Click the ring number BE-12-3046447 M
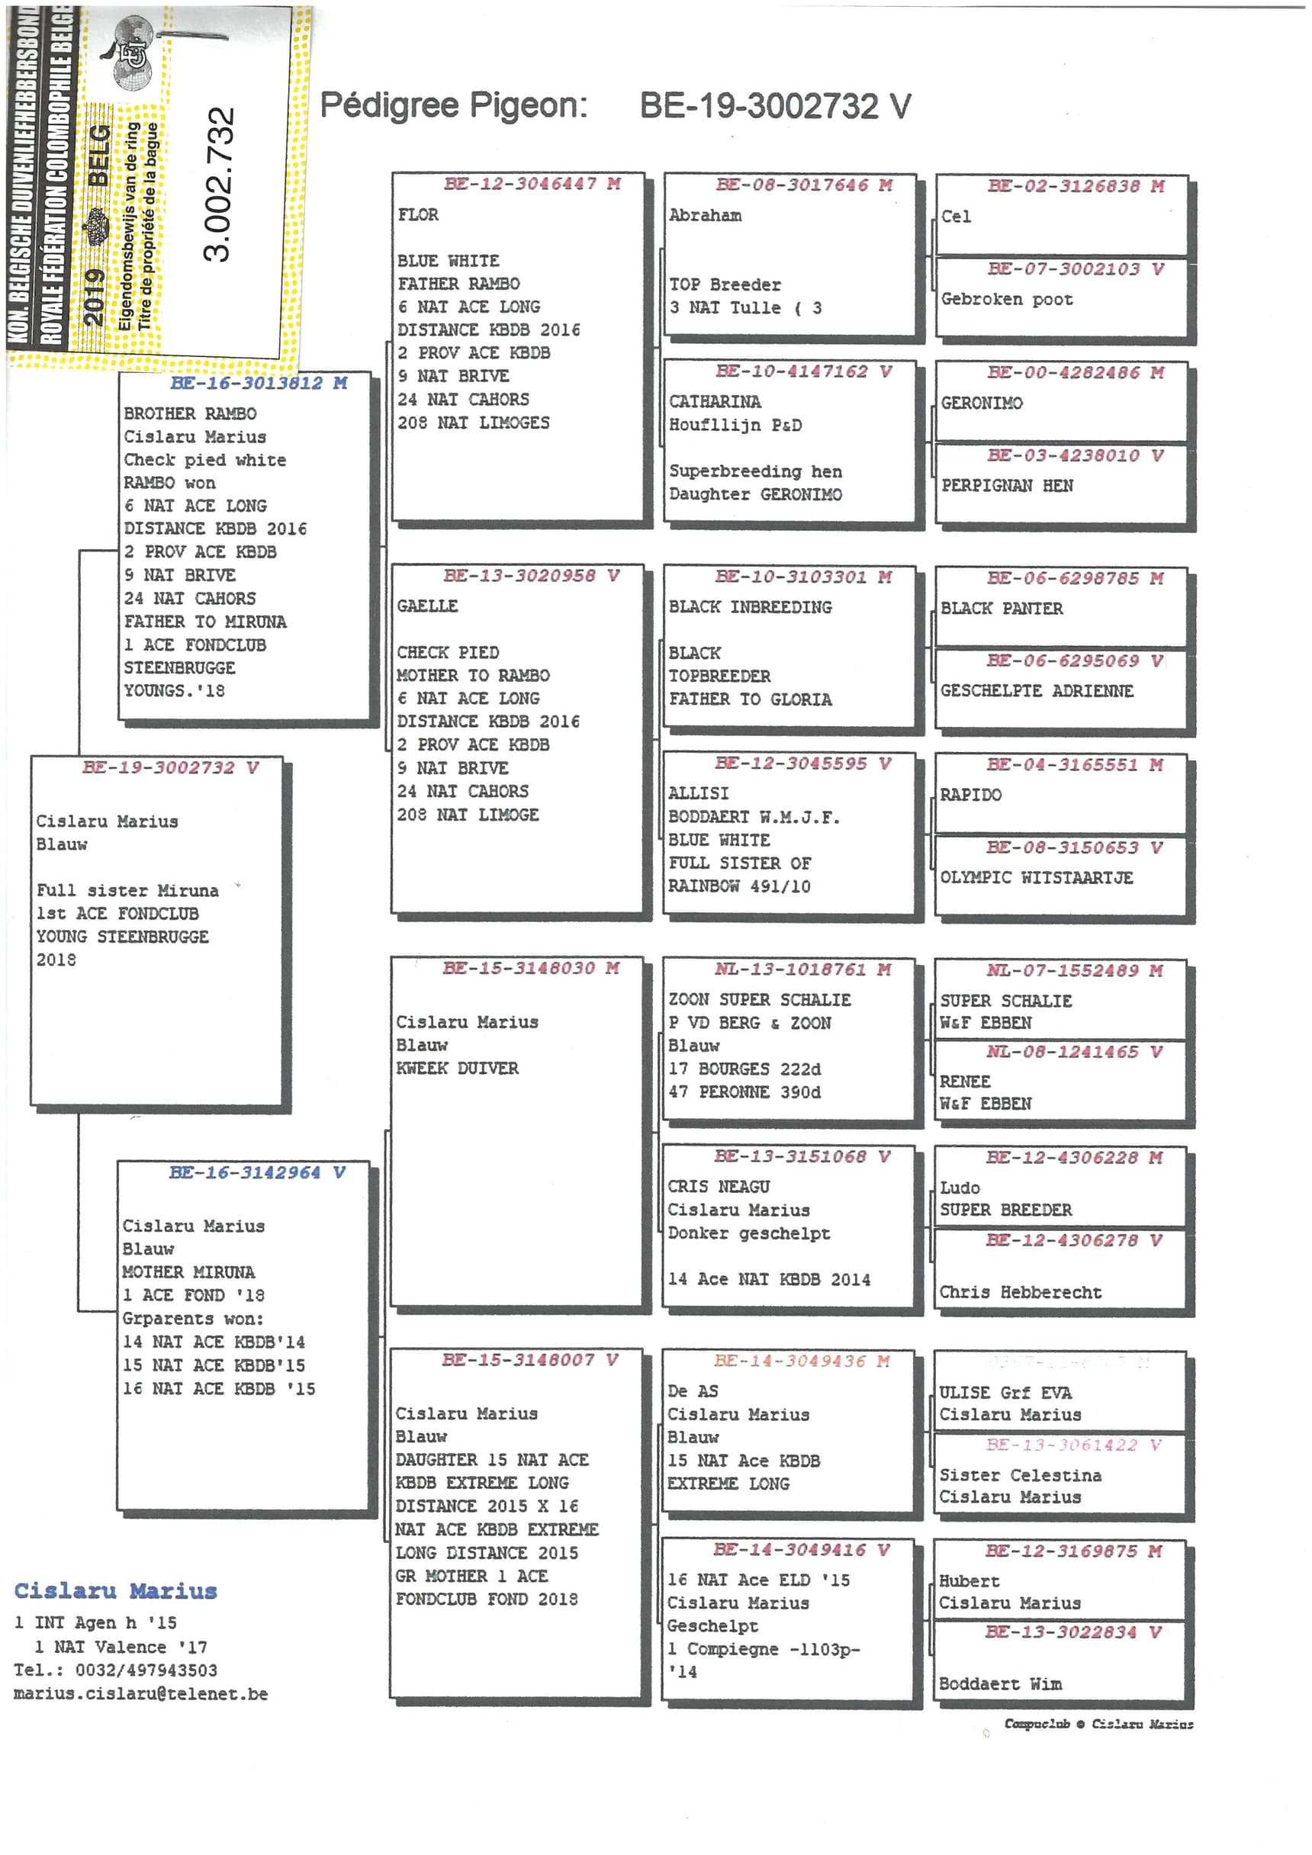(532, 183)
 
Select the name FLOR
(418, 215)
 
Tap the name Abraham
(705, 216)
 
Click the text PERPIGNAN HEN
(1007, 486)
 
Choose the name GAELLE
(426, 606)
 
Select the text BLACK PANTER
(1001, 609)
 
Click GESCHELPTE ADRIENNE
(1037, 691)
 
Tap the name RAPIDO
(970, 795)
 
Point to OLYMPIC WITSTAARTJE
(1036, 877)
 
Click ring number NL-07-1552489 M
(1074, 970)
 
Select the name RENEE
(965, 1081)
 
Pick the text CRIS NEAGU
(719, 1187)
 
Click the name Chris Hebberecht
(1020, 1292)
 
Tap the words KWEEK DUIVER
(456, 1068)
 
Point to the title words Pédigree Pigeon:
(453, 106)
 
